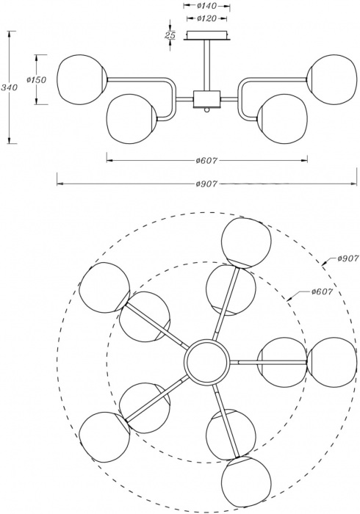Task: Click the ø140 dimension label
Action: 207,6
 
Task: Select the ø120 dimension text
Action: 207,18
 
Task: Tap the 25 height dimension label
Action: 170,35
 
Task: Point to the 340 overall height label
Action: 9,87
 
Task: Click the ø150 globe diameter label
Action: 37,79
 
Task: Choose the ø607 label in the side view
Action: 207,160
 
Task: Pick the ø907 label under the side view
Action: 207,184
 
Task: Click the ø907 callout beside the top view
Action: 348,258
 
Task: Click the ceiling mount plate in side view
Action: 206,35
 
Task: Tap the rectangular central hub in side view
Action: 207,98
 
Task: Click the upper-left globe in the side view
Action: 82,79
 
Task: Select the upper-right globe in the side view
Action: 331,79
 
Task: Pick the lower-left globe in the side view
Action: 132,119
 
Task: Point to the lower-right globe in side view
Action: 282,119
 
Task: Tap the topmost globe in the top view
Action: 247,243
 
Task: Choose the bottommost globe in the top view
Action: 247,480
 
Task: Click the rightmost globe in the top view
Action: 332,362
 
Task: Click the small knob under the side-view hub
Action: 206,109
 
